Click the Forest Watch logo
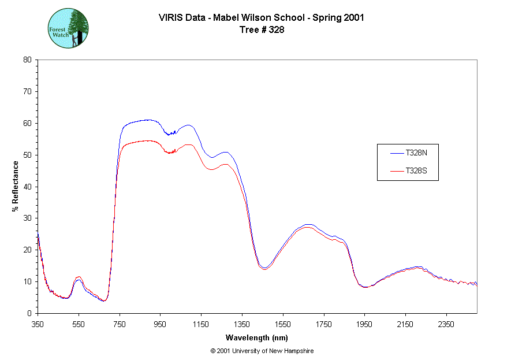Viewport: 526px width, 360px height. pyautogui.click(x=68, y=28)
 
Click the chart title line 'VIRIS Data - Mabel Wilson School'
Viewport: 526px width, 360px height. pyautogui.click(x=261, y=17)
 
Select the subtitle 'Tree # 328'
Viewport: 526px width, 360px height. pyautogui.click(x=262, y=30)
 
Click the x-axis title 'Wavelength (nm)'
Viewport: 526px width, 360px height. pyautogui.click(x=257, y=337)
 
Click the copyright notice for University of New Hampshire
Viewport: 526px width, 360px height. pyautogui.click(x=262, y=351)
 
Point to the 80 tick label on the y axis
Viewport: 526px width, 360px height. pyautogui.click(x=27, y=60)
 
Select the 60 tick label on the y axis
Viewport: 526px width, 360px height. pyautogui.click(x=27, y=123)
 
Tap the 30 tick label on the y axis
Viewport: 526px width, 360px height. pyautogui.click(x=27, y=218)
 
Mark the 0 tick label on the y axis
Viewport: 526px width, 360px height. pyautogui.click(x=29, y=313)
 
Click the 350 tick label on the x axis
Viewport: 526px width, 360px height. pyautogui.click(x=38, y=324)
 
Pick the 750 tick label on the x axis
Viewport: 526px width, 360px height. pyautogui.click(x=120, y=324)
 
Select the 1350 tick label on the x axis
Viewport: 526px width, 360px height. pyautogui.click(x=242, y=324)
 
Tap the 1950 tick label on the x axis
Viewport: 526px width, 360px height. pyautogui.click(x=364, y=324)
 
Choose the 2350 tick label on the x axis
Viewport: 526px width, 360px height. pyautogui.click(x=446, y=324)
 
